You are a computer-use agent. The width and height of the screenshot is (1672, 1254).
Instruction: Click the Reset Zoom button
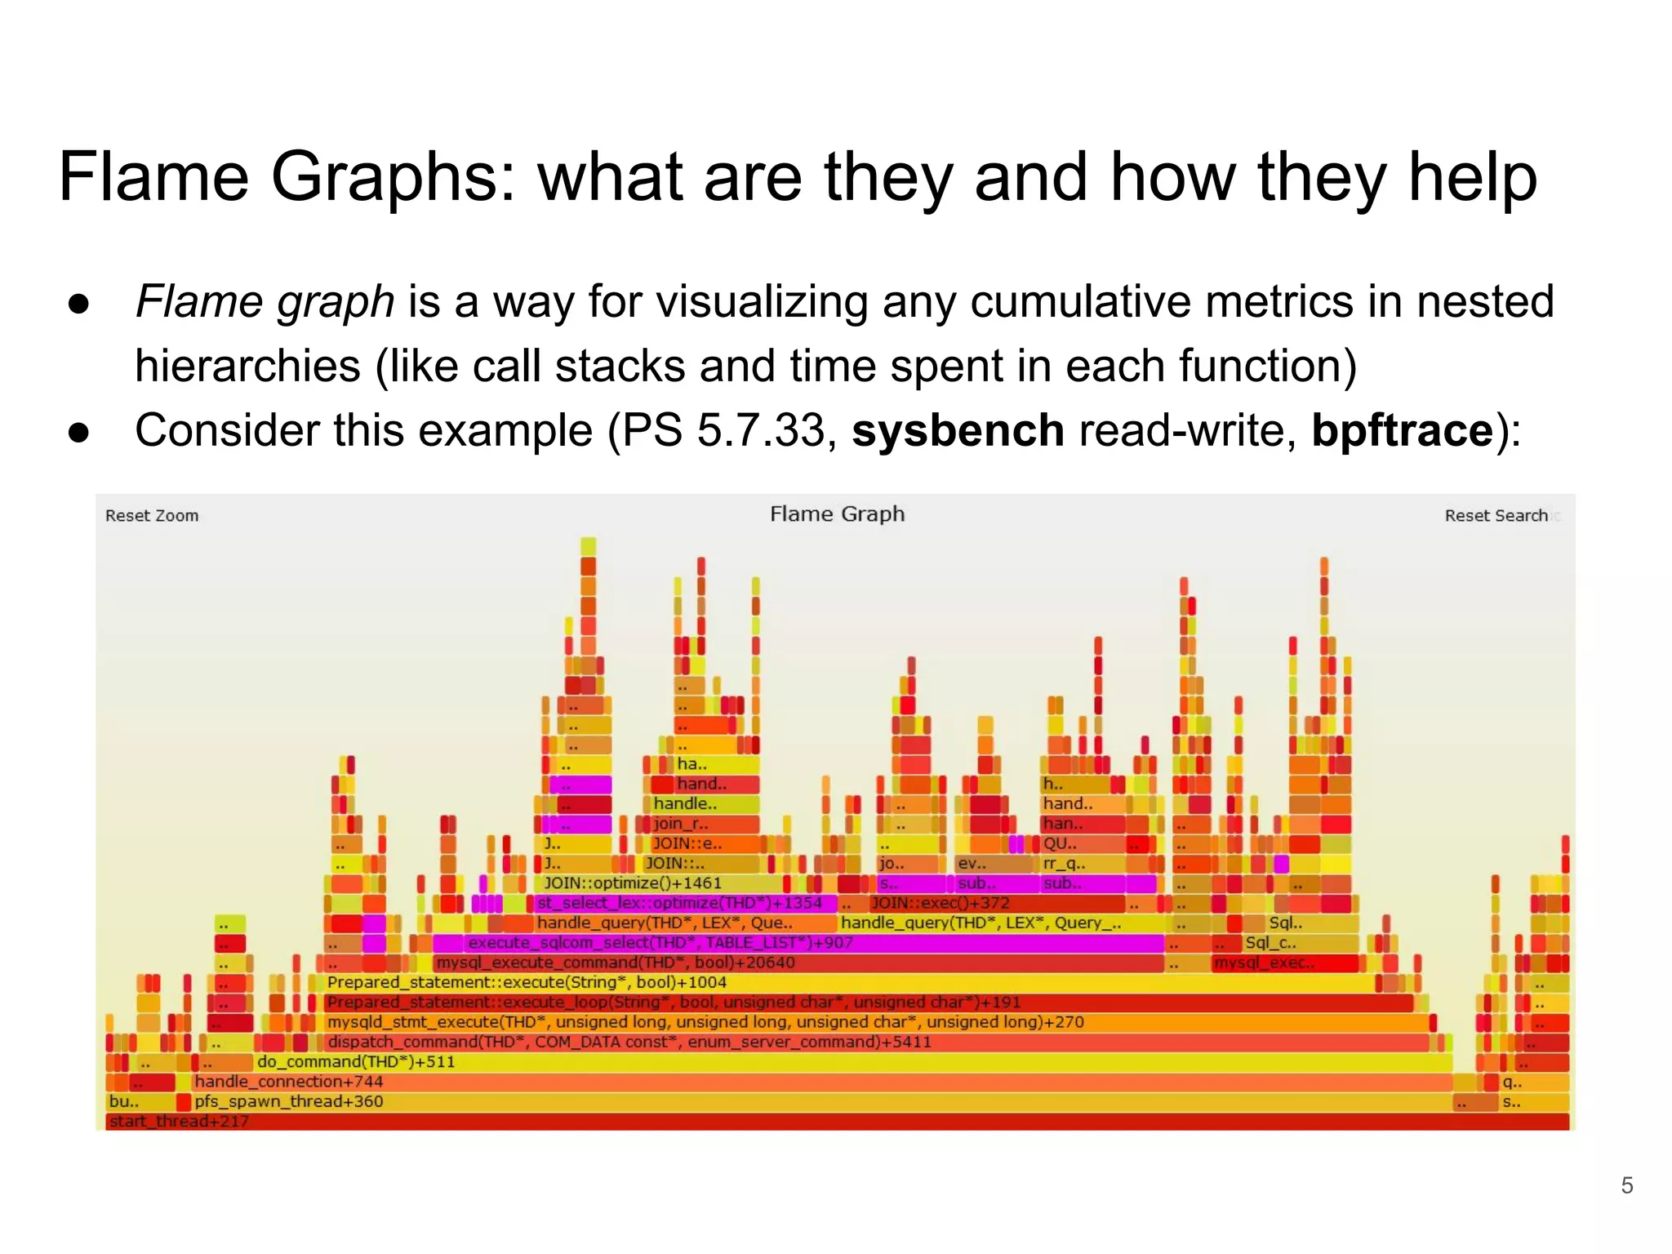tap(152, 515)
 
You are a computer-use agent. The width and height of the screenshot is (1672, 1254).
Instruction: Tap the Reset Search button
tap(1496, 515)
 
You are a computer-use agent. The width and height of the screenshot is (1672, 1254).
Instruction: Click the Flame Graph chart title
tap(837, 514)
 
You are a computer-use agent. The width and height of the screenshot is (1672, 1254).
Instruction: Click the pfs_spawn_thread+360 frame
tap(816, 1101)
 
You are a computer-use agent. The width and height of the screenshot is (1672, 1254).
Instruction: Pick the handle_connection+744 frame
tap(816, 1082)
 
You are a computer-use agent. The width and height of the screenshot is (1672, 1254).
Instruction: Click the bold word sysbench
tap(958, 430)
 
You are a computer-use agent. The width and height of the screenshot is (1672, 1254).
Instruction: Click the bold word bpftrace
tap(1402, 430)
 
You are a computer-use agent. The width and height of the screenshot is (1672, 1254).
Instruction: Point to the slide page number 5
tap(1626, 1185)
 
